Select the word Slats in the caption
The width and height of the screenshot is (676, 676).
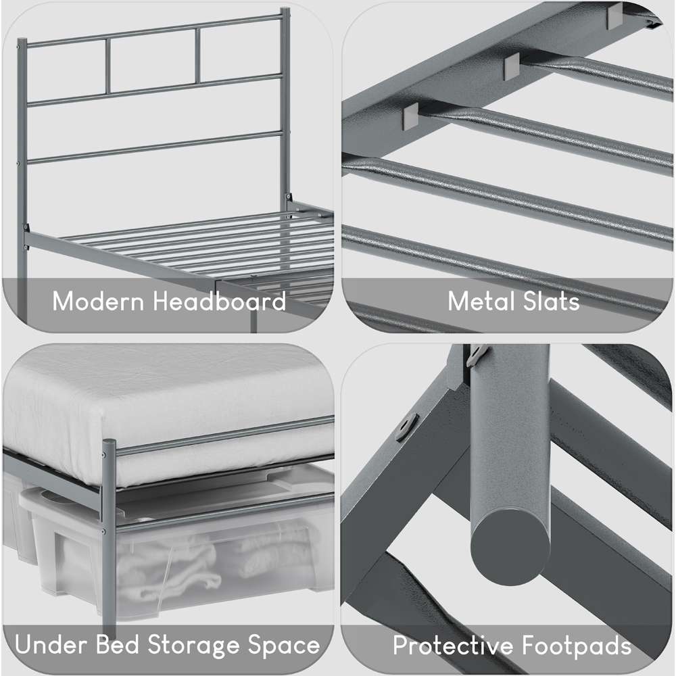click(x=549, y=301)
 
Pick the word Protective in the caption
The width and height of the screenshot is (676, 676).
click(x=450, y=646)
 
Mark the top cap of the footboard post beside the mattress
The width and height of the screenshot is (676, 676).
click(x=109, y=443)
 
